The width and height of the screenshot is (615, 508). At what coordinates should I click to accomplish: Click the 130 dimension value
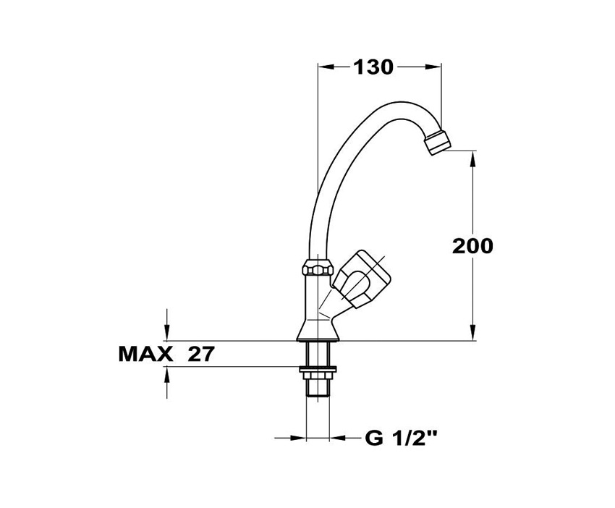[x=373, y=67]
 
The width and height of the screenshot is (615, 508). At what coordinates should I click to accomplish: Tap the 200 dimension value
[x=472, y=246]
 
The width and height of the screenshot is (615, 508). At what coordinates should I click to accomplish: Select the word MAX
[x=145, y=355]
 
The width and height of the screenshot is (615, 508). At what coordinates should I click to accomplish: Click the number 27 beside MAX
[x=202, y=355]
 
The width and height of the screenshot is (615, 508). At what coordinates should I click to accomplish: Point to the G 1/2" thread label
[x=401, y=438]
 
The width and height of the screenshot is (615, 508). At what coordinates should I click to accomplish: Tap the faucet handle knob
[x=361, y=278]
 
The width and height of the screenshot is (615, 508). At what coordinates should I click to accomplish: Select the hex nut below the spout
[x=318, y=267]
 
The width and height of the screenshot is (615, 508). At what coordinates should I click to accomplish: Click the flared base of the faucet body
[x=317, y=330]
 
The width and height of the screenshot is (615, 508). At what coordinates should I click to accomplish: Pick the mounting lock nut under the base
[x=318, y=369]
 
